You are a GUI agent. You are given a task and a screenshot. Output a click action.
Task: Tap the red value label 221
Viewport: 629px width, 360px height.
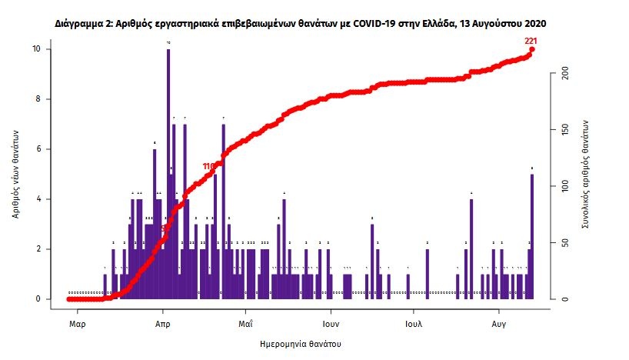pyautogui.click(x=530, y=40)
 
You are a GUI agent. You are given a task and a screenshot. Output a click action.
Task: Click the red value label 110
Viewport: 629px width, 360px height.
pyautogui.click(x=208, y=166)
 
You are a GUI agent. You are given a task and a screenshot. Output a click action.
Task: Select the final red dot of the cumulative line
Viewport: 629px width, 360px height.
pyautogui.click(x=532, y=50)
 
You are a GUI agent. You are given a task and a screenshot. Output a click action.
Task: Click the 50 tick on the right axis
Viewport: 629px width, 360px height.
pyautogui.click(x=565, y=243)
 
